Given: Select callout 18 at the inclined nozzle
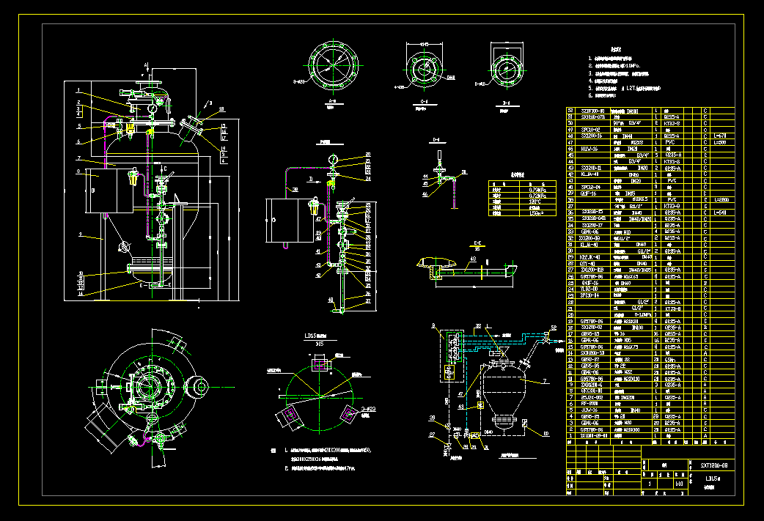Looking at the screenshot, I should point(221,109).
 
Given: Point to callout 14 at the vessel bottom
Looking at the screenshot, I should point(78,293).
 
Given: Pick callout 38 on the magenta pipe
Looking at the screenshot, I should point(295,189).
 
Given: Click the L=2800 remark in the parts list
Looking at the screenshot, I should point(723,199).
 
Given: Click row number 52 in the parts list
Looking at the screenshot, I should point(570,111).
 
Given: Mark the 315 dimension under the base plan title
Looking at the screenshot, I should point(318,343).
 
